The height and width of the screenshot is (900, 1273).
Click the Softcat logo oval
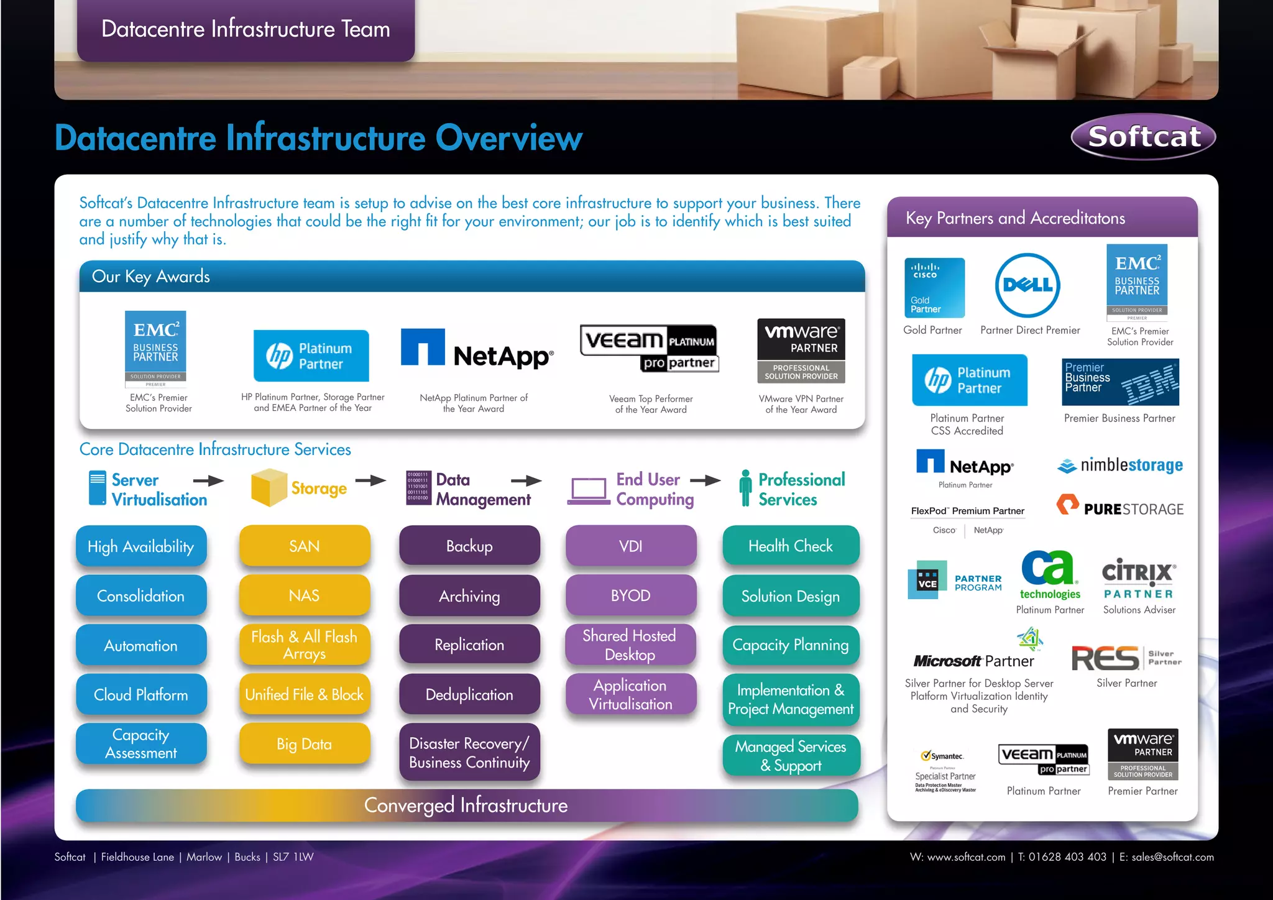[1143, 137]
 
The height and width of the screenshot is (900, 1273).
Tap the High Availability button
[141, 546]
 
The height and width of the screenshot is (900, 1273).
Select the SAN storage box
[305, 546]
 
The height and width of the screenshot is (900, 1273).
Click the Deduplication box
[469, 694]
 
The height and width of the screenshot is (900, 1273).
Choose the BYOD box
[630, 595]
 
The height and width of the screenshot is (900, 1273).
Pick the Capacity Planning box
[791, 645]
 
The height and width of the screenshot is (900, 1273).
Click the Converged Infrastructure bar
[466, 806]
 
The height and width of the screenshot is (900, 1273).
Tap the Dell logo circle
[1027, 285]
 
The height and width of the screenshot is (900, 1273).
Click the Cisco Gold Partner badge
[934, 288]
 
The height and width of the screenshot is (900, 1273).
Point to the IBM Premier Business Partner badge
[1120, 382]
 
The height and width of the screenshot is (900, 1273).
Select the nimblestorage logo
[1120, 465]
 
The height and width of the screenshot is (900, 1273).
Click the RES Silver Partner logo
[1126, 658]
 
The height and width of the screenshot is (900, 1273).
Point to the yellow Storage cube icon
[269, 488]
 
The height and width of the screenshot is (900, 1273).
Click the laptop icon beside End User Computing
[589, 491]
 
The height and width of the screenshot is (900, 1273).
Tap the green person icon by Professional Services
[745, 488]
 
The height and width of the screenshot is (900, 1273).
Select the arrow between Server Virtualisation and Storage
[208, 480]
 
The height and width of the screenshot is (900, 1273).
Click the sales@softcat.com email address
[1172, 857]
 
